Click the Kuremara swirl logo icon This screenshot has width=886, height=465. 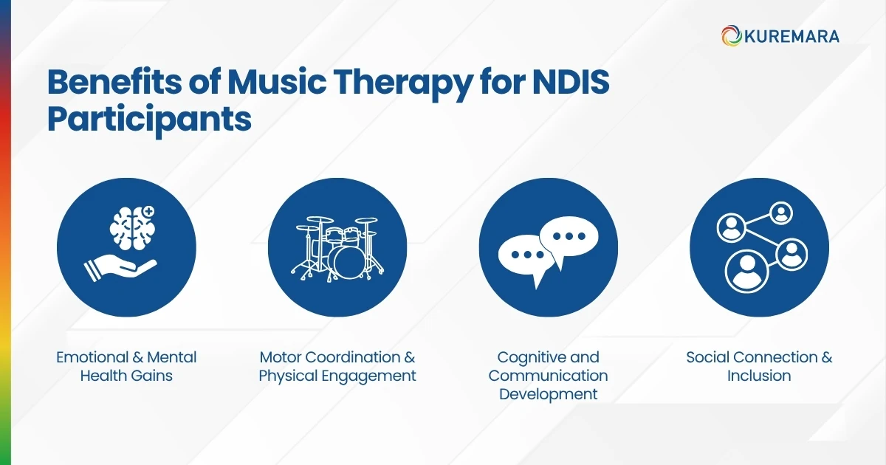[732, 35]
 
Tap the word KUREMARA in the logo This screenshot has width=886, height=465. [791, 35]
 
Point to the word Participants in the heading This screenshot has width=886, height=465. [149, 120]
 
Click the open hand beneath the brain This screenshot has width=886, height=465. [123, 270]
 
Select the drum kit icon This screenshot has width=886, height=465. [337, 247]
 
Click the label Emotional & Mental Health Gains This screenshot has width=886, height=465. [126, 366]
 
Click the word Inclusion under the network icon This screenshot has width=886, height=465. [758, 376]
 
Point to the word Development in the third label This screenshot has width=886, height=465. [548, 394]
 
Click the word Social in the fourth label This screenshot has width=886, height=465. [707, 357]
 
